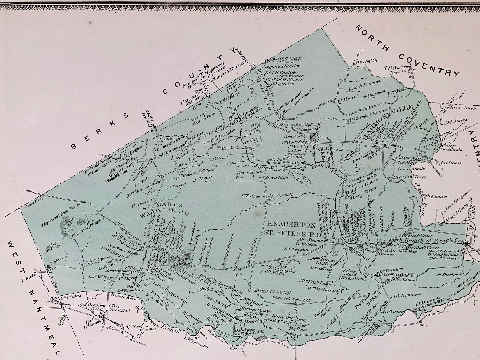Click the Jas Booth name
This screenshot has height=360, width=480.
coord(451,163)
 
